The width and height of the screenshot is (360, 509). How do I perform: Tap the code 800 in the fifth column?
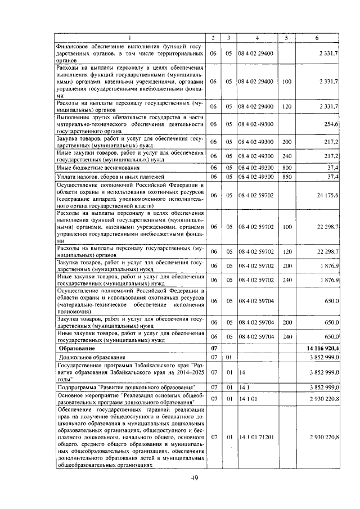tap(287, 168)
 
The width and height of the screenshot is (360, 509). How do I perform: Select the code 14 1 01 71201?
tap(257, 436)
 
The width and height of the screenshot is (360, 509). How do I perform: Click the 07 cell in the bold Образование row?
tap(213, 348)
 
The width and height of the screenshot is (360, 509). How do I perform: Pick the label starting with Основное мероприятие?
tap(129, 399)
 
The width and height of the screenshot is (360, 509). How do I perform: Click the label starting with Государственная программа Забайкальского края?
tap(129, 372)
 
